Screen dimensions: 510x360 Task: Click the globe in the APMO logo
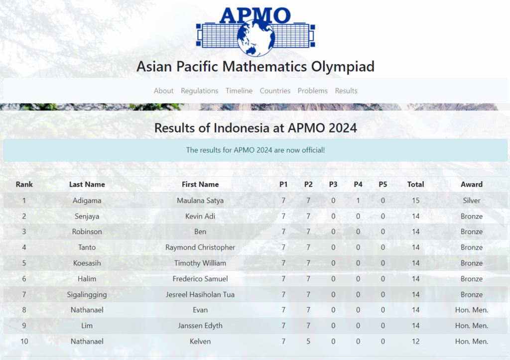256,38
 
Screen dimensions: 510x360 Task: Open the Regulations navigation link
199,91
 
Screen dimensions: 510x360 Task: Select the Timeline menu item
239,91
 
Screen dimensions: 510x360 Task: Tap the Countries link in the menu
275,91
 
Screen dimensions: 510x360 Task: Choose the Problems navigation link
313,91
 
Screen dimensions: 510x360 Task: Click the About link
163,91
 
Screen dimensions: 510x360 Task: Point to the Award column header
472,184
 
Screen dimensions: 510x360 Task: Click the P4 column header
358,184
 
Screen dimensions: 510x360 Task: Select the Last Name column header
87,184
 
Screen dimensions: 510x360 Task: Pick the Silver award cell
472,200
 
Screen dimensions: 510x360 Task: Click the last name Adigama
87,201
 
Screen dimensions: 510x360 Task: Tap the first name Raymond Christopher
200,247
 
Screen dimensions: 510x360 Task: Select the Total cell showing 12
416,342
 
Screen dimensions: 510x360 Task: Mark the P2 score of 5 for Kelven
308,342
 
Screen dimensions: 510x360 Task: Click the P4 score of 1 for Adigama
358,201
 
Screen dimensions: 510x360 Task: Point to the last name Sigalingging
87,295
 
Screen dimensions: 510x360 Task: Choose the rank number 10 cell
24,342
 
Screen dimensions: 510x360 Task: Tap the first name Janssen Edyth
200,326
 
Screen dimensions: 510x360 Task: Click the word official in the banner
312,150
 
